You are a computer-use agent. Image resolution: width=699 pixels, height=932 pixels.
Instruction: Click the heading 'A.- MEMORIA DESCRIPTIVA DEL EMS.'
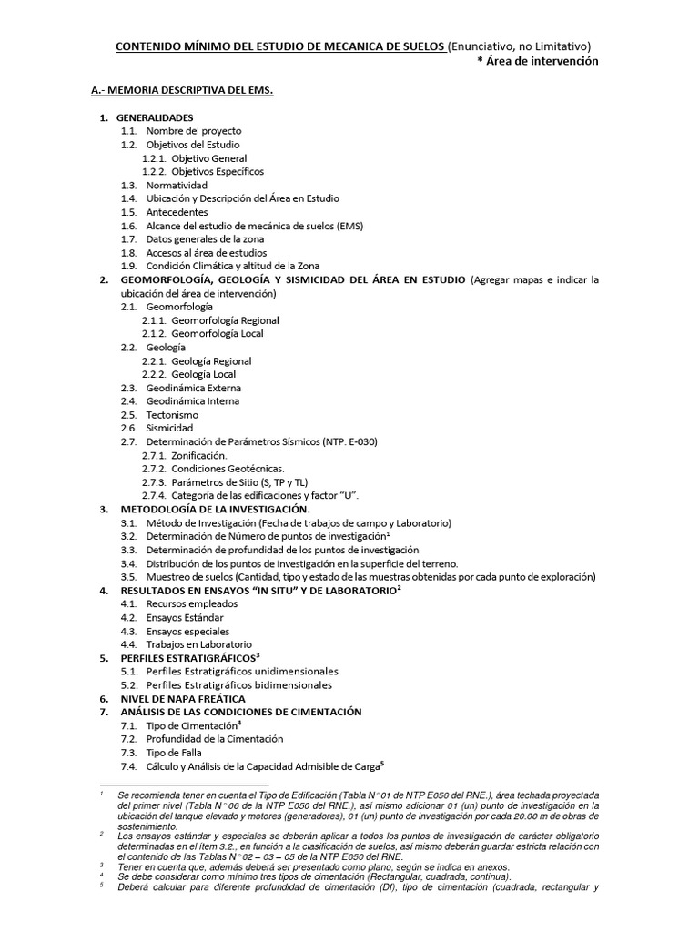182,92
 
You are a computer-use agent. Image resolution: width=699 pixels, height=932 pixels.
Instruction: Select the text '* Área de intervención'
538,61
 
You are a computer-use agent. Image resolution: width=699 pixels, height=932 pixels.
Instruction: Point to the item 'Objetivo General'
208,158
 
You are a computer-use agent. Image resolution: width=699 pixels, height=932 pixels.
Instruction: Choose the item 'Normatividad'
177,185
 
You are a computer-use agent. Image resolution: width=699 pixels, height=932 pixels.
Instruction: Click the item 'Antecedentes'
177,212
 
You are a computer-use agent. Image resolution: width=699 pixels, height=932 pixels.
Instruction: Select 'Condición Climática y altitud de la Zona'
233,266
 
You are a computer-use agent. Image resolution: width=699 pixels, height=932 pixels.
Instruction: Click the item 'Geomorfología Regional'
225,320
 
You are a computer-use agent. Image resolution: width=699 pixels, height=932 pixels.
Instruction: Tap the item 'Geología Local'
203,374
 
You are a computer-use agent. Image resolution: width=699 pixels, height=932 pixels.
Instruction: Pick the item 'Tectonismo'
172,415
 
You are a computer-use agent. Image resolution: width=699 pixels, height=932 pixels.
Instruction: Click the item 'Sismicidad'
169,428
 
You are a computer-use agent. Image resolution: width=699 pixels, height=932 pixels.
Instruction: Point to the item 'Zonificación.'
199,455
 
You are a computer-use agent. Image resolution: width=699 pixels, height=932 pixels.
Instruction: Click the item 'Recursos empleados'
186,604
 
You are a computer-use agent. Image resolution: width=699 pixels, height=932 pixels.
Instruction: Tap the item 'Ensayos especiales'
187,631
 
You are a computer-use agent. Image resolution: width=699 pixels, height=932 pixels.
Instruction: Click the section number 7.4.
128,766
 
